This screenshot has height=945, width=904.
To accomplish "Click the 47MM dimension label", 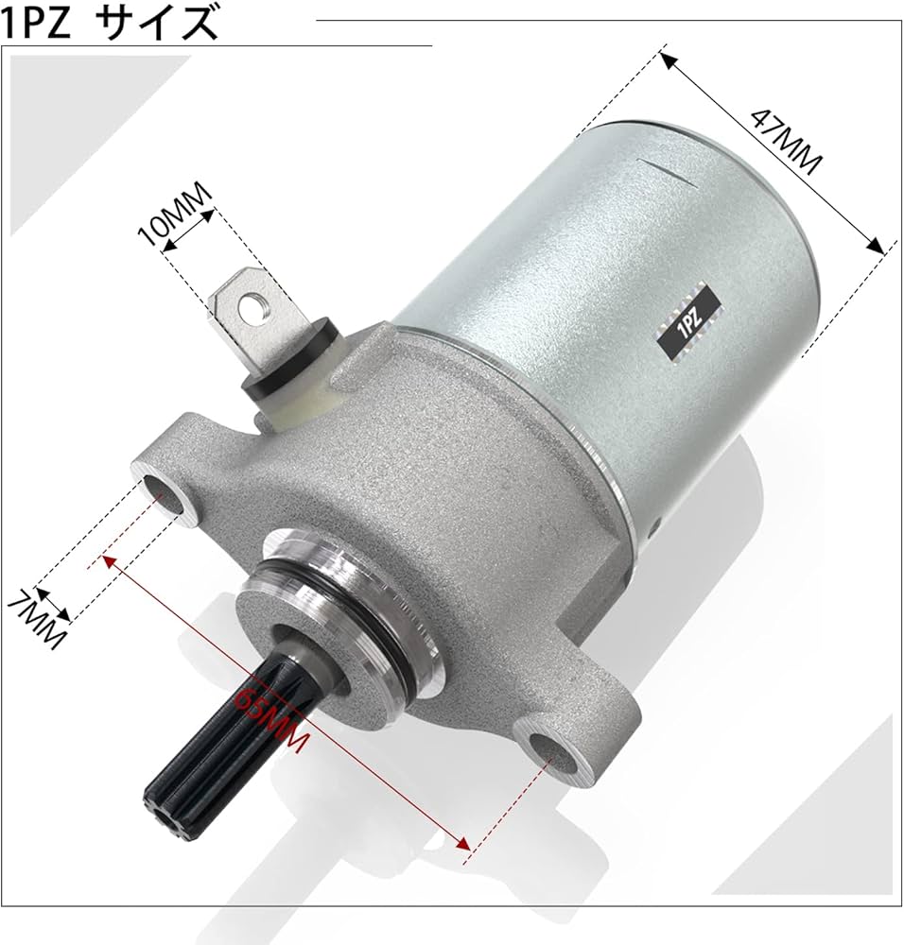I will pyautogui.click(x=784, y=142).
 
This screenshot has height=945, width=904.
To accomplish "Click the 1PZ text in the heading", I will pyautogui.click(x=40, y=23).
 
